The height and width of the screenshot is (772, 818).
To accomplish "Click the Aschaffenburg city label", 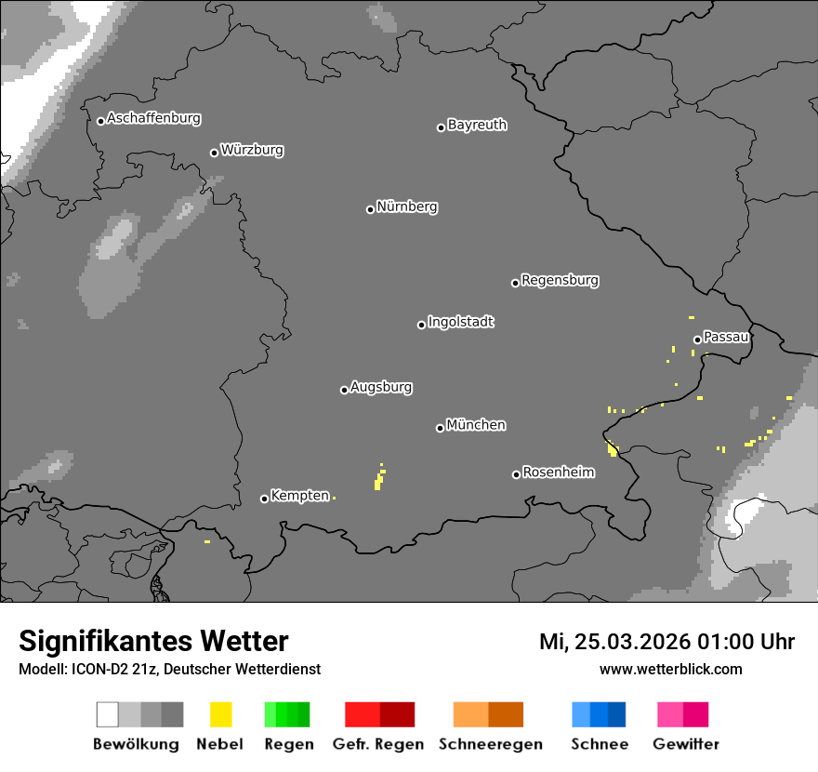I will pos(153,118).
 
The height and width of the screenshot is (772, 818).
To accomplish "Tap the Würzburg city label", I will pos(252,150).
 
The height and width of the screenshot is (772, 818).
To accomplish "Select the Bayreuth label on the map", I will pos(477,125).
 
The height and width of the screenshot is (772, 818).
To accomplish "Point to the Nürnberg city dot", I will pos(370,209).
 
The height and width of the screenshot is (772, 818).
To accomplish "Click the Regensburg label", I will pos(560,280).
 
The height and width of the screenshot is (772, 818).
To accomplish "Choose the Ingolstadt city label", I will pos(460,322).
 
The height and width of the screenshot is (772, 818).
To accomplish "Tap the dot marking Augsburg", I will pos(344,390).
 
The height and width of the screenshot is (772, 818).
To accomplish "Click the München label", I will pos(476,425).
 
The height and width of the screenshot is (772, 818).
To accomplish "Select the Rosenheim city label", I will pos(558,473).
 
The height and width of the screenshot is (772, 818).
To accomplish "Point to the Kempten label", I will pos(299,496).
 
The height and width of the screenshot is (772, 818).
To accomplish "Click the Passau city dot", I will pos(697,339).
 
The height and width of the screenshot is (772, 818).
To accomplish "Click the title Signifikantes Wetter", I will pos(153,641).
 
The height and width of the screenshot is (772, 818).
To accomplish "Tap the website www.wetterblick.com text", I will pos(670,669).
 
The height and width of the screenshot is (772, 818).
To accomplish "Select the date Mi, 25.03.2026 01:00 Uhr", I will pos(666,642).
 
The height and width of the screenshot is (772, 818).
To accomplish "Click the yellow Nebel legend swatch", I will pos(221,714).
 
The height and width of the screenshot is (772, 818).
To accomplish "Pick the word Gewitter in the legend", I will pos(686,744).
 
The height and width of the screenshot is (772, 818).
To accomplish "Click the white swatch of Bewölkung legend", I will pos(108,714).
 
